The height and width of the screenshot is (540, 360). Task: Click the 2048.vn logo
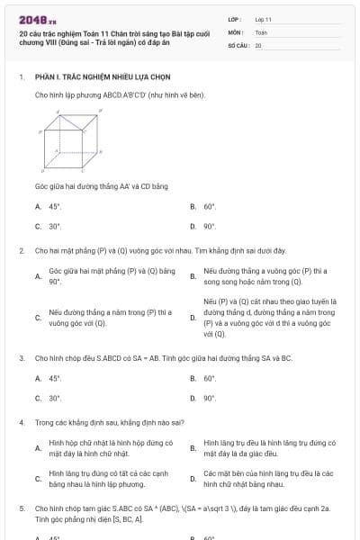[x=31, y=19]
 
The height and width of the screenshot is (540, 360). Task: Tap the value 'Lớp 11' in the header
[x=263, y=19]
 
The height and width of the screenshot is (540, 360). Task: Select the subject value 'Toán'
[x=261, y=31]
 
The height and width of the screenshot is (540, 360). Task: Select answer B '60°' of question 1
[x=210, y=206]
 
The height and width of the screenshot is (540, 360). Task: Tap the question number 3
[x=21, y=357]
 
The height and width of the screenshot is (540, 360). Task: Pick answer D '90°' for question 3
[x=210, y=397]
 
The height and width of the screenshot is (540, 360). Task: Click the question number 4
[x=21, y=421]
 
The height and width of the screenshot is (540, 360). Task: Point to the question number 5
[x=21, y=508]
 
